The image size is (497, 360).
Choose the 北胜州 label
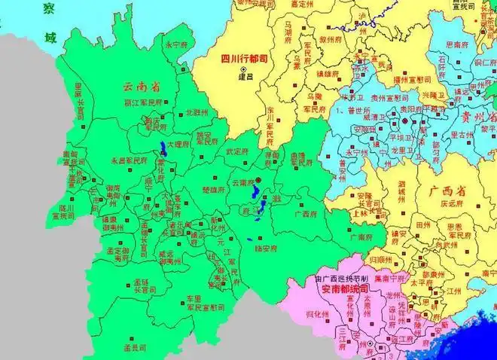pyautogui.click(x=197, y=113)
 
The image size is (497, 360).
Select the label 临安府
pyautogui.click(x=267, y=246)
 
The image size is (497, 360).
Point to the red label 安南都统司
pyautogui.click(x=341, y=288)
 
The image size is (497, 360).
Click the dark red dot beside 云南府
pyautogui.click(x=257, y=181)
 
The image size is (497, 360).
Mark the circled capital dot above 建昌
pyautogui.click(x=243, y=69)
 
